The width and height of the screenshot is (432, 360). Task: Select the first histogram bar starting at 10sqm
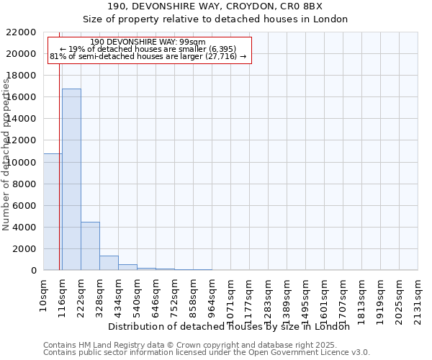coord(53,212)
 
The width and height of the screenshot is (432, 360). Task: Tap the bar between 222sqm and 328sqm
coord(90,246)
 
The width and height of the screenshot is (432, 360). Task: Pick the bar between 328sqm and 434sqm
coord(109,263)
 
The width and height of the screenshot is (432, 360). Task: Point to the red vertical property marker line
coord(59,144)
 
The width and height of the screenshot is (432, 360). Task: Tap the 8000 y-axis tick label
coord(27,184)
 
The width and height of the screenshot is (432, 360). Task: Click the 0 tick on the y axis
coord(35,271)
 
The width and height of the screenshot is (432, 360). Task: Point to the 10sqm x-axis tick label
coord(44,294)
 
